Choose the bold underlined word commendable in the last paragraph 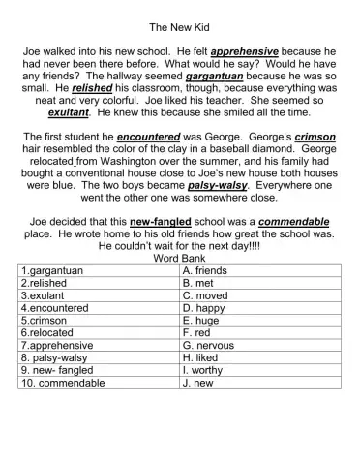[x=287, y=222]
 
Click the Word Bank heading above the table [x=179, y=259]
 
